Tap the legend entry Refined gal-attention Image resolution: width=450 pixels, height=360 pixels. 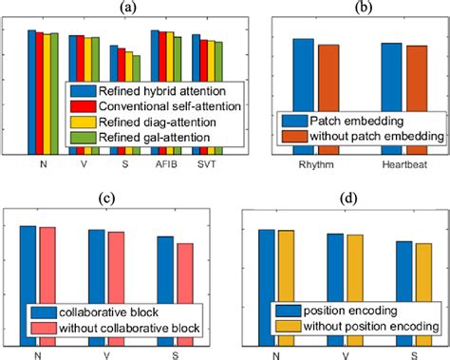(152, 138)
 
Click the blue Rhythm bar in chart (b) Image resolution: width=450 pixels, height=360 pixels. (302, 95)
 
